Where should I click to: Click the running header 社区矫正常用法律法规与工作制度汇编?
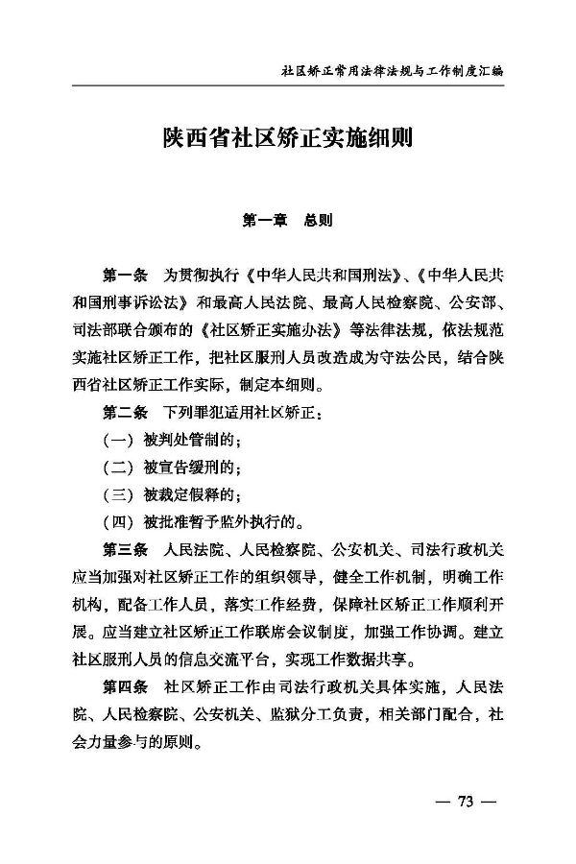(393, 71)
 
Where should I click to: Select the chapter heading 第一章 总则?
(288, 220)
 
